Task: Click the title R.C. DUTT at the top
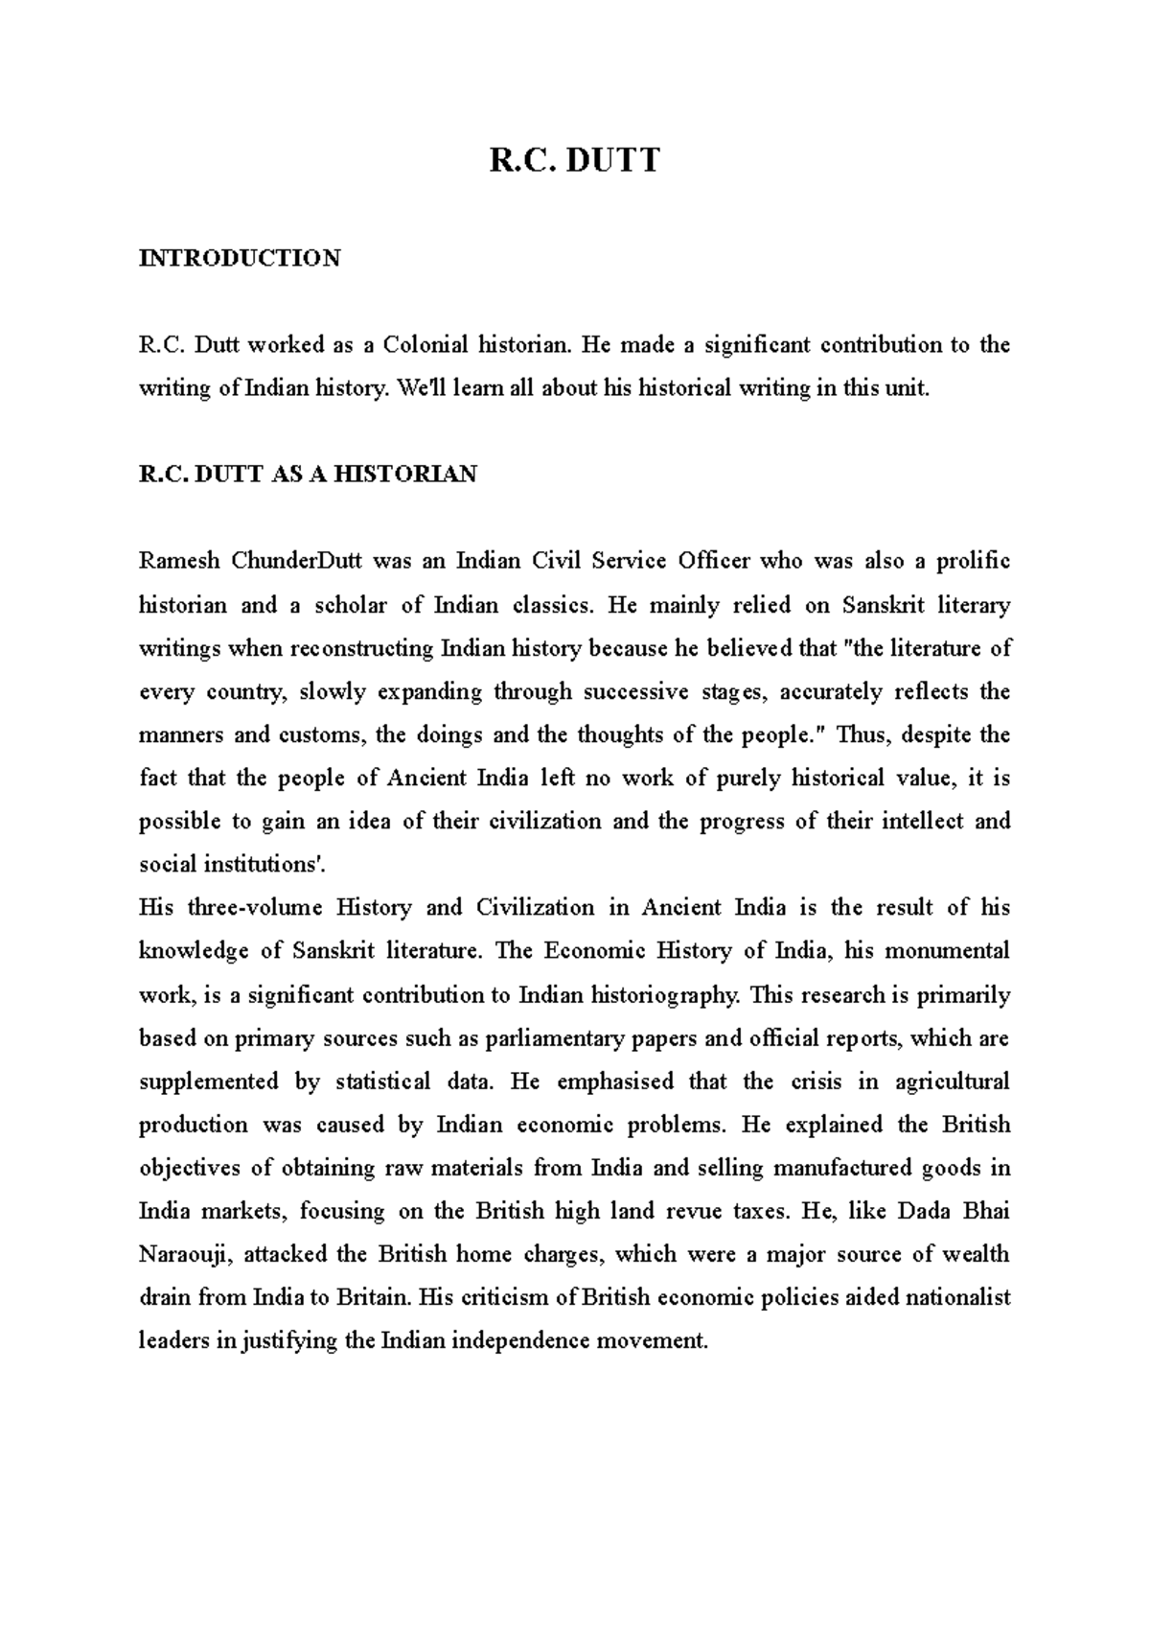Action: click(574, 160)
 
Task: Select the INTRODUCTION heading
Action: click(240, 258)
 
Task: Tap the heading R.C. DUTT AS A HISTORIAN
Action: click(308, 475)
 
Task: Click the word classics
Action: click(554, 605)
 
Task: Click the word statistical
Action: click(382, 1081)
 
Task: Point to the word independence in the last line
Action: click(520, 1341)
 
